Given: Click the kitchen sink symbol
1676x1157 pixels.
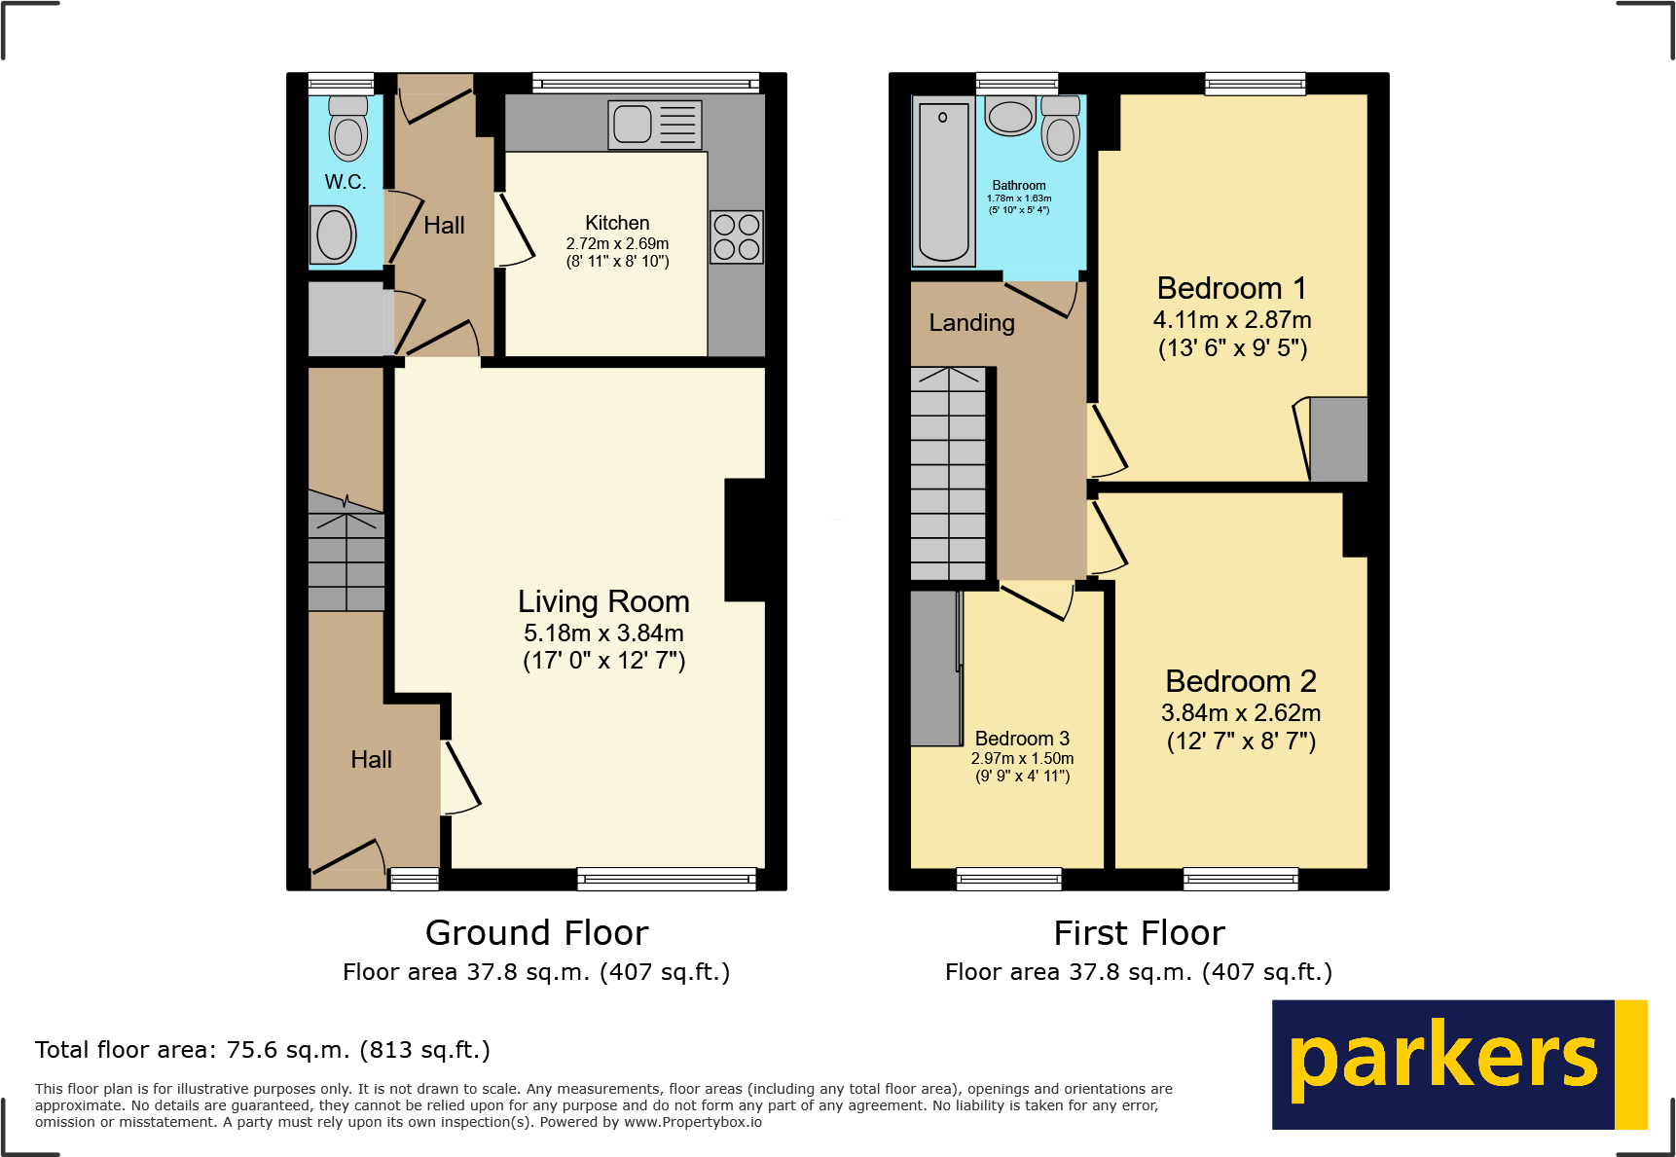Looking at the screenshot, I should (x=654, y=125).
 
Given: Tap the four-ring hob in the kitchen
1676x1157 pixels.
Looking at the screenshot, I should (x=736, y=236).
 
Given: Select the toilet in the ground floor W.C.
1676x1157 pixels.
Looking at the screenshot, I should (x=348, y=128).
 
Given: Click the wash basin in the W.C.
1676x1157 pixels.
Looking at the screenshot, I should (x=336, y=235).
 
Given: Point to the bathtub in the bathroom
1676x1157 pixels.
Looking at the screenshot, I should (x=943, y=181).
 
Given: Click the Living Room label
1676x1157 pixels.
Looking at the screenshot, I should (x=603, y=601).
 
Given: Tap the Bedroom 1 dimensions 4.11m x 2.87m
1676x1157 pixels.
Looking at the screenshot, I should (x=1232, y=320).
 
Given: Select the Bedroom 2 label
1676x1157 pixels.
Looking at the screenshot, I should (x=1241, y=681).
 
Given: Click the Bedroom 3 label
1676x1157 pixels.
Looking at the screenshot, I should (x=1022, y=739).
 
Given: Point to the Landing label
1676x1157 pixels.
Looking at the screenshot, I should (x=971, y=323).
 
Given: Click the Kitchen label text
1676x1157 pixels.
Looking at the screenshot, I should (x=617, y=223).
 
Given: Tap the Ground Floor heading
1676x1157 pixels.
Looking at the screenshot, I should (x=536, y=933).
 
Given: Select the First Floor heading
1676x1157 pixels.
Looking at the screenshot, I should (x=1139, y=933).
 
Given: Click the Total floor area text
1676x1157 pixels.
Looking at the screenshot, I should (x=263, y=1050).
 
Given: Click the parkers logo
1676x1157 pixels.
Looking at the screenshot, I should (x=1458, y=1064).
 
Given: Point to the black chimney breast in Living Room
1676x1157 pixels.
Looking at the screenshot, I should (x=746, y=540).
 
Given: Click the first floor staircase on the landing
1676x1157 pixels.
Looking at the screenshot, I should (x=948, y=474).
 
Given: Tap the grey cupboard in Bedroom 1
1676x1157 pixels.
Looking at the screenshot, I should (x=1338, y=439).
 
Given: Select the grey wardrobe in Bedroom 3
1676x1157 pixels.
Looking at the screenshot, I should (x=934, y=669).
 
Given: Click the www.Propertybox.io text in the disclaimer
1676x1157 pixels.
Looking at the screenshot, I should (x=693, y=1122).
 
